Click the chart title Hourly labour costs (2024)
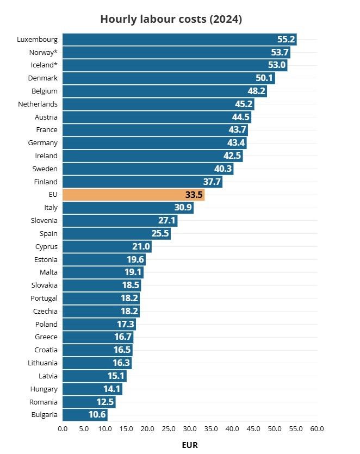171,19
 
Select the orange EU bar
133,195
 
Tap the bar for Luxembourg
179,39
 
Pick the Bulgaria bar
85,415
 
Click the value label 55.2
286,39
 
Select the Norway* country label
44,52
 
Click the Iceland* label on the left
44,65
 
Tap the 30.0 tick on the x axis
190,428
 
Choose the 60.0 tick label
317,428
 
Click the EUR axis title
190,445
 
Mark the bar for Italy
128,208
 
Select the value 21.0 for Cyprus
141,246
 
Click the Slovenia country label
45,220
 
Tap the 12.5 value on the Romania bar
105,402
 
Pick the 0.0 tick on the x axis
63,428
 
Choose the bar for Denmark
169,78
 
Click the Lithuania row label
43,363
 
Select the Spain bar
116,233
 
